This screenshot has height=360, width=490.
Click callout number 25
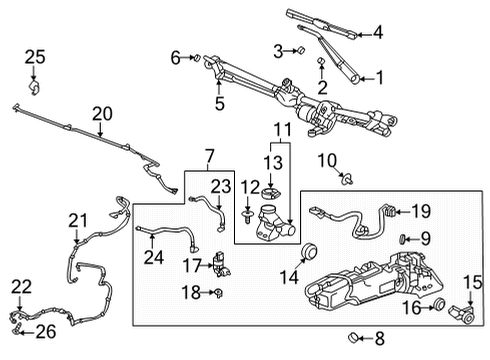point(35,57)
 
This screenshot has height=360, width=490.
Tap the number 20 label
point(103,114)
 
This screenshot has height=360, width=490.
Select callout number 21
point(78,220)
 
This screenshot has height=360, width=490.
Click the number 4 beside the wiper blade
point(377,32)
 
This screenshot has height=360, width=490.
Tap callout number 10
point(326,162)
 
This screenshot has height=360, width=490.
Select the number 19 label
point(420,211)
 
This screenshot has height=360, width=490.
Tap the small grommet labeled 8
point(353,337)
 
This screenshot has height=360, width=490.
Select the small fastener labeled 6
point(196,57)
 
